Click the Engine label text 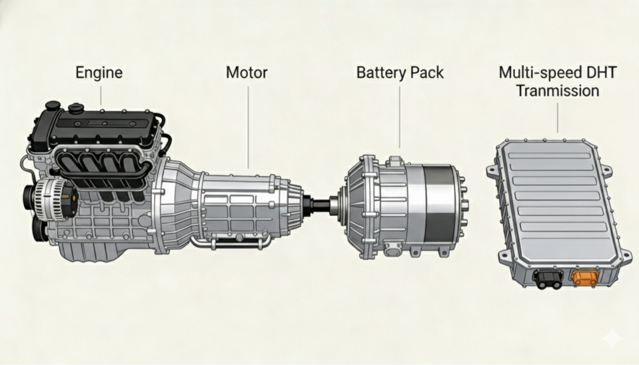99,72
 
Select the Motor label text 246,72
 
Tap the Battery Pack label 399,72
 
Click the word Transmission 558,91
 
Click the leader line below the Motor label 248,125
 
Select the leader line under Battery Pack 399,119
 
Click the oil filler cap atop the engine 76,109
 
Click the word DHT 601,72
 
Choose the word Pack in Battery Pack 427,72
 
